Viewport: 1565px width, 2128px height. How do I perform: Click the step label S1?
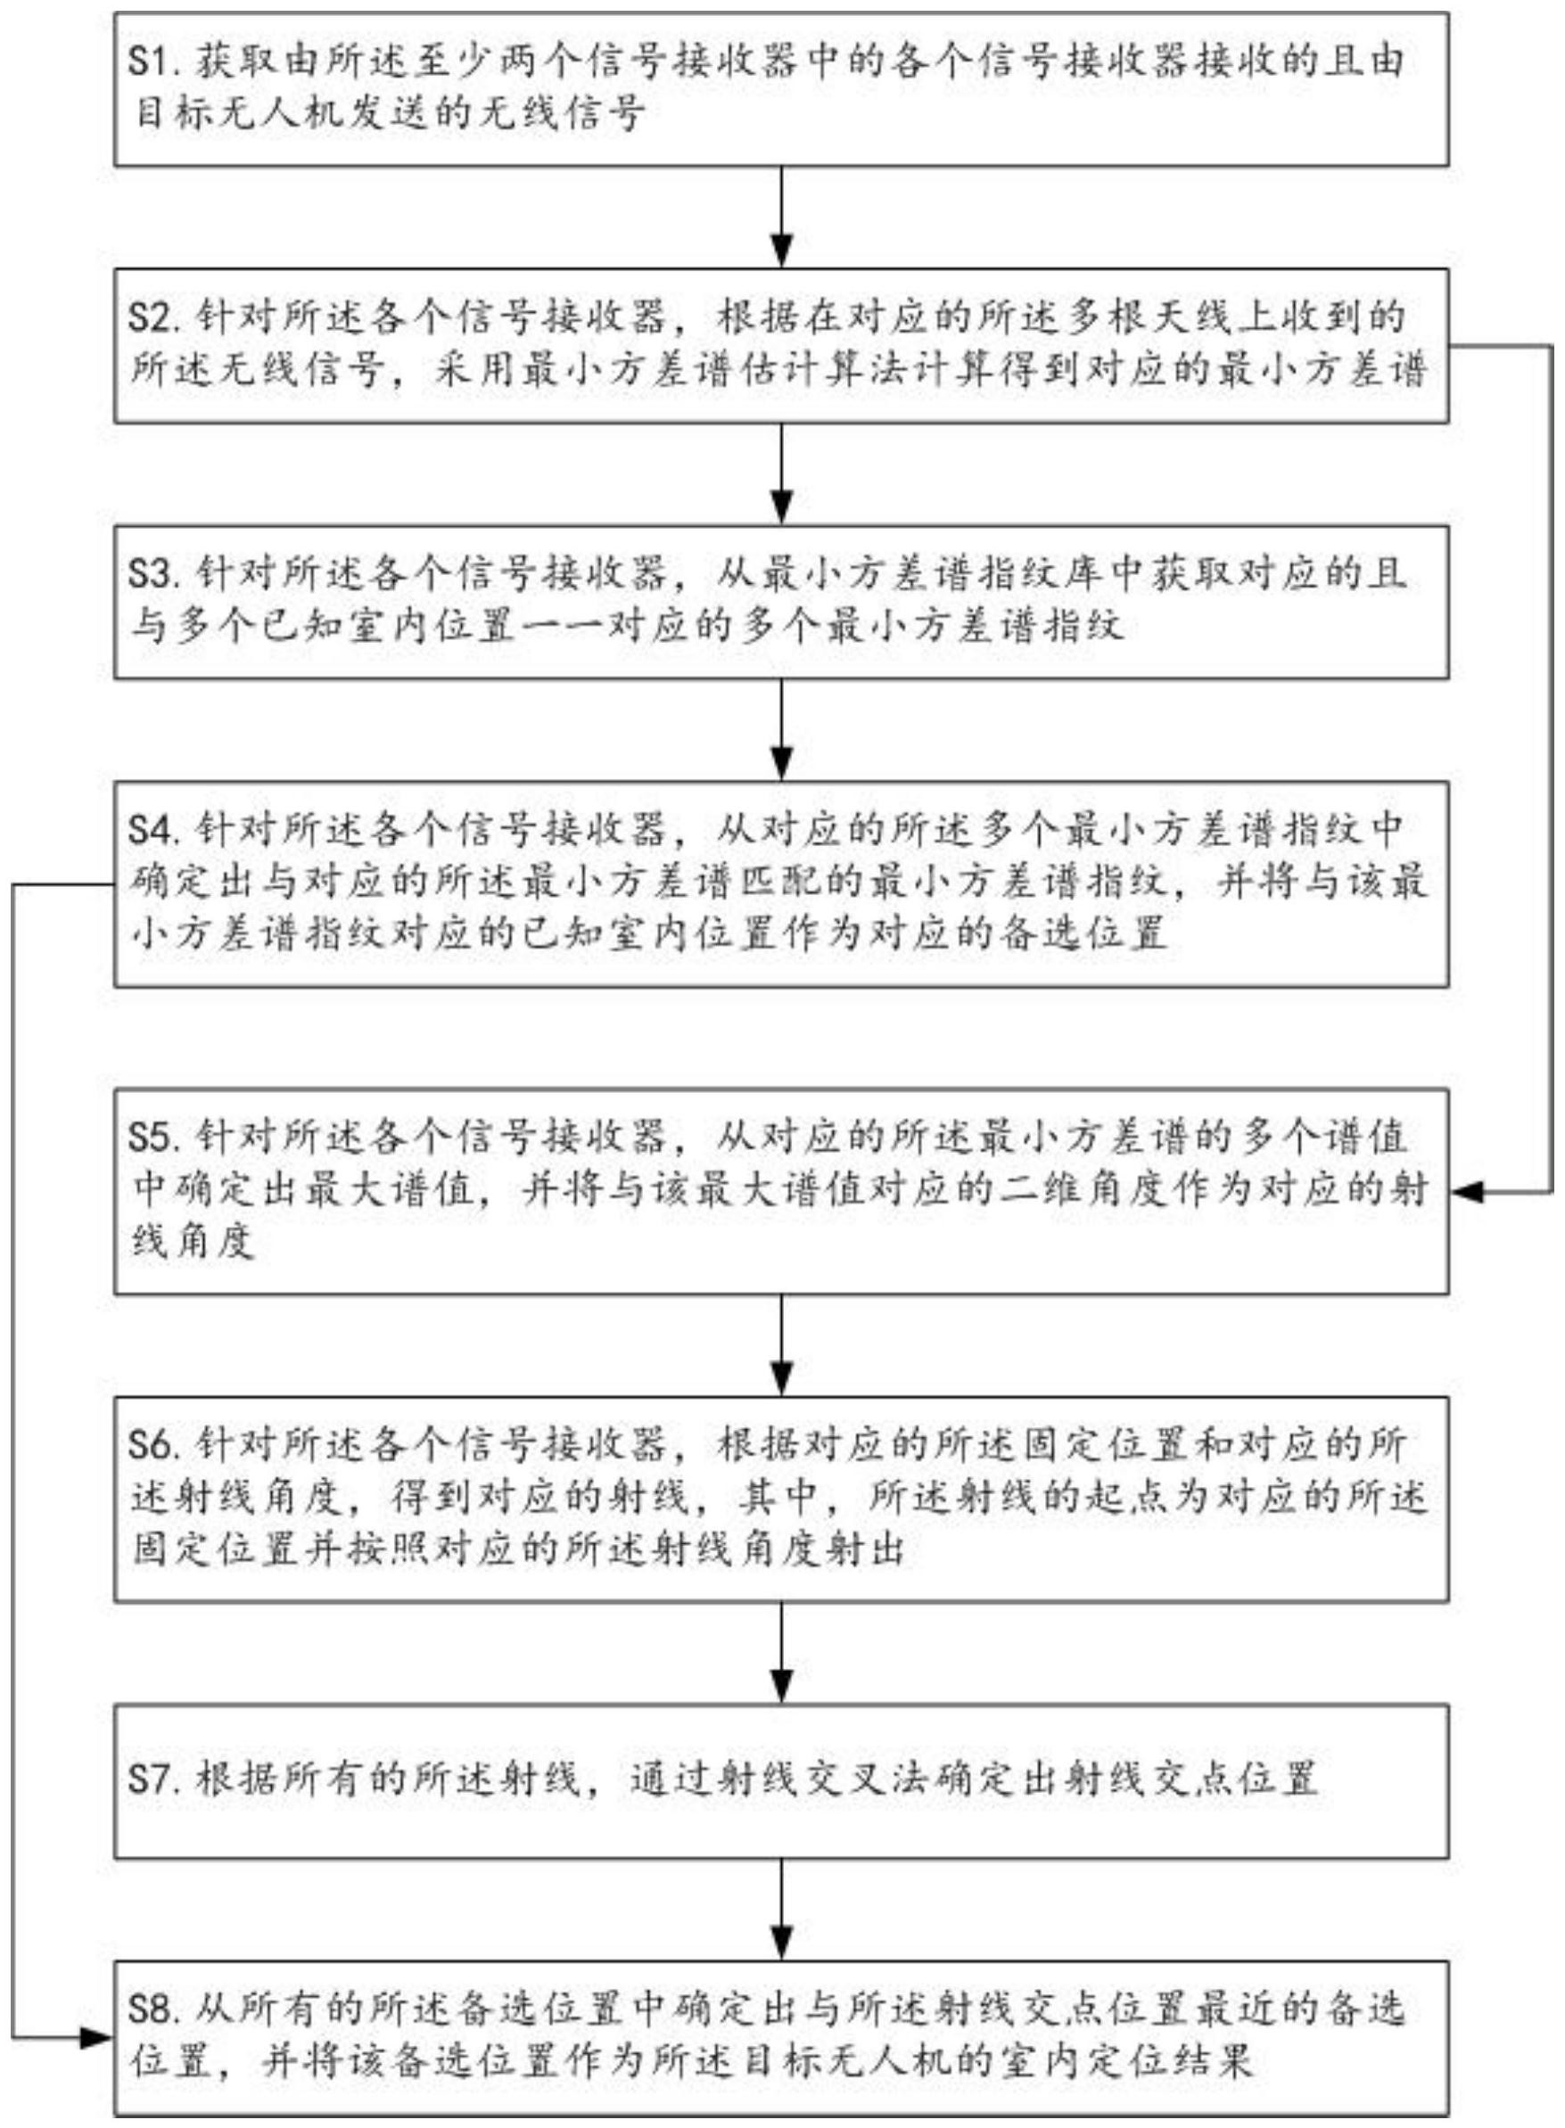150,63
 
